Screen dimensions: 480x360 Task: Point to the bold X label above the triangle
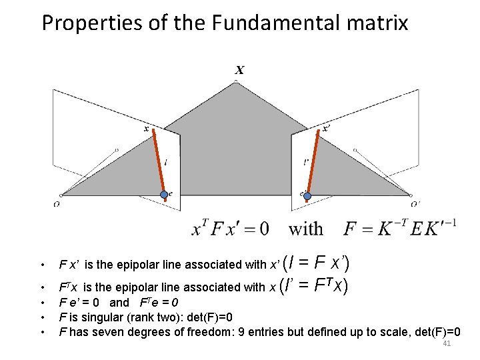click(x=239, y=69)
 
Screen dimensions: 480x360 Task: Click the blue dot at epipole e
click(x=164, y=195)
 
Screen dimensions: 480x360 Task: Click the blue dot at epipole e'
click(x=307, y=195)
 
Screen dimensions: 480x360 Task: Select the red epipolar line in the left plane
click(x=159, y=161)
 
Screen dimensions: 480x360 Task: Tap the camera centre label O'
click(x=415, y=204)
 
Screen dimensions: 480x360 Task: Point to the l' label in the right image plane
click(x=305, y=161)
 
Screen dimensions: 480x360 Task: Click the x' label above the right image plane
click(x=327, y=128)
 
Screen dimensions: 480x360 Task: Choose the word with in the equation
click(x=306, y=229)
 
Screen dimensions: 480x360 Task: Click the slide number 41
click(x=447, y=343)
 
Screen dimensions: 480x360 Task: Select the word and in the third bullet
click(x=119, y=302)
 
